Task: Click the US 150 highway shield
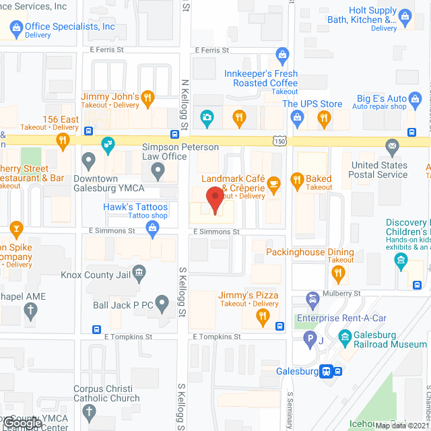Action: [279, 141]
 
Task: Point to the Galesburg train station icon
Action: [325, 370]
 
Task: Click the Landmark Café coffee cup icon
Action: [273, 183]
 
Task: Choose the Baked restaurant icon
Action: [296, 180]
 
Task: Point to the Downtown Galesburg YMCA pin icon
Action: [88, 161]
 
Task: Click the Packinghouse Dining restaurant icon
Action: [338, 273]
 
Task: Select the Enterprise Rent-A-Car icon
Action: [312, 298]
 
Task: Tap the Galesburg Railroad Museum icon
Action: [344, 336]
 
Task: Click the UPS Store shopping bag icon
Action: [296, 119]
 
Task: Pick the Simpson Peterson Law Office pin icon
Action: [158, 172]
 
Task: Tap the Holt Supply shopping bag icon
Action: [405, 15]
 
